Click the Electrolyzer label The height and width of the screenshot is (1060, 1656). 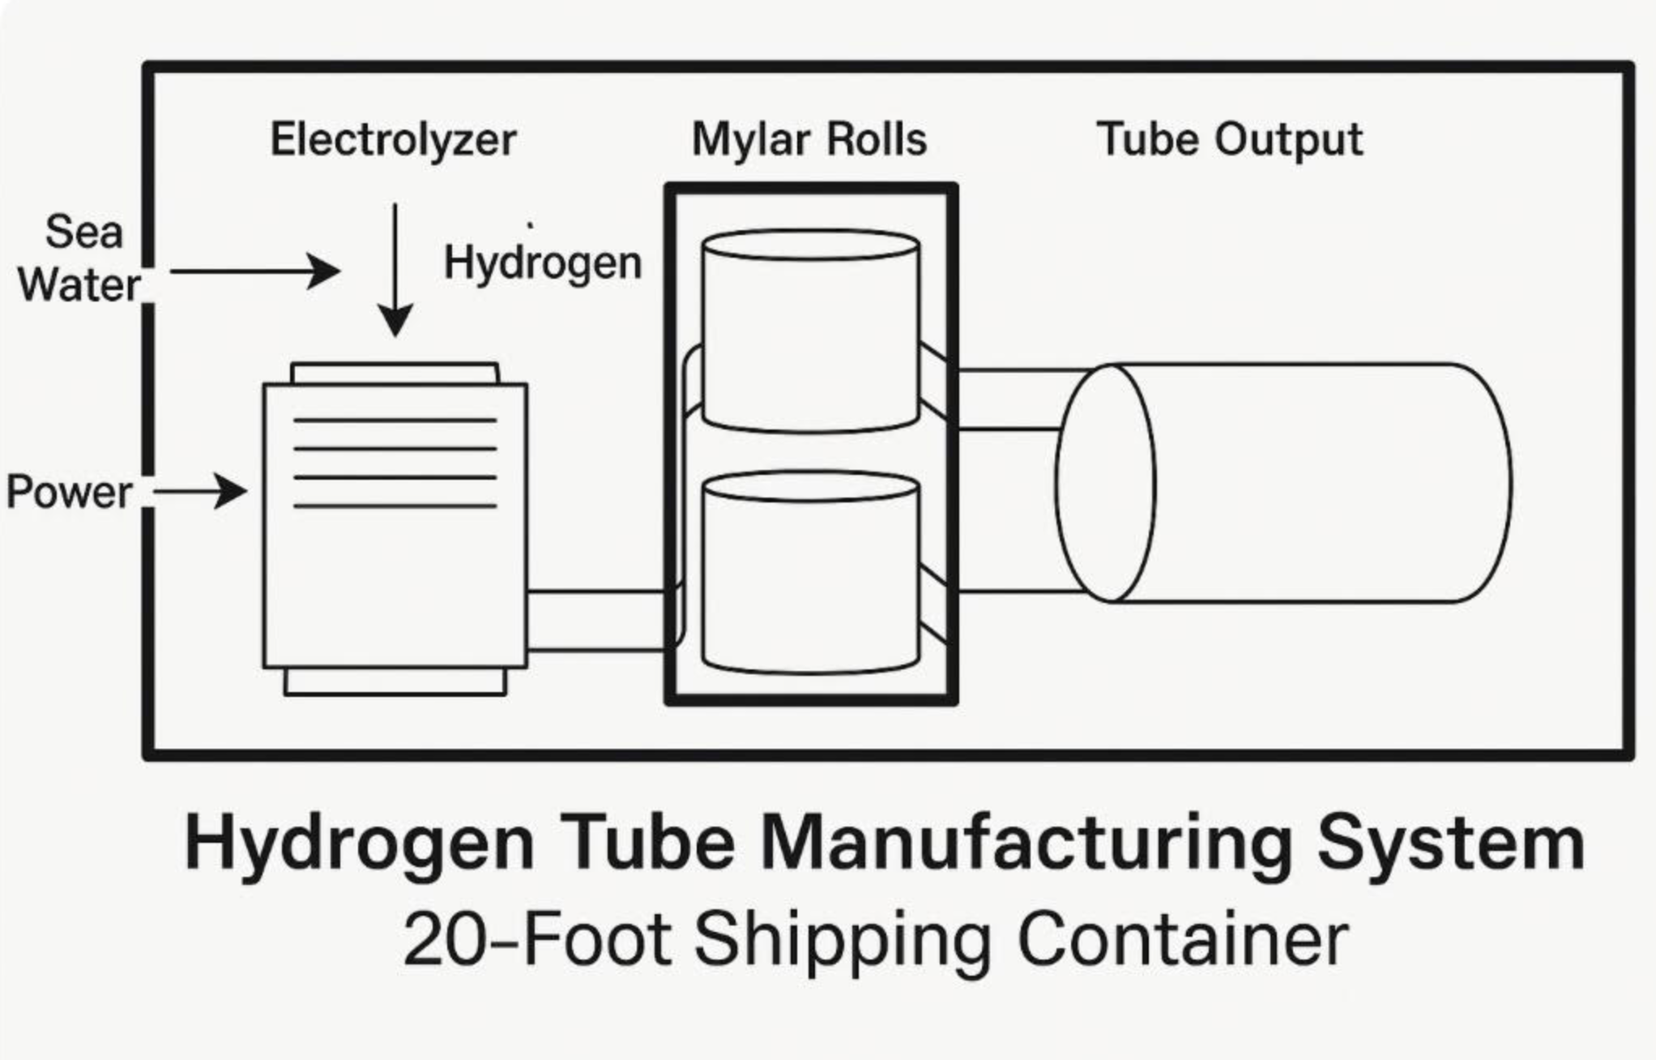[393, 139]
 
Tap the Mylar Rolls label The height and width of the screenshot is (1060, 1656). [809, 139]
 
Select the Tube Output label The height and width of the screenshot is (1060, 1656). [1229, 139]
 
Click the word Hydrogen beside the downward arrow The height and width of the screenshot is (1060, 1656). [543, 263]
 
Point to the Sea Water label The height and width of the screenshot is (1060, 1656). [81, 259]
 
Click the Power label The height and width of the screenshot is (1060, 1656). [69, 492]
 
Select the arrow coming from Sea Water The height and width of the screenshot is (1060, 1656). [254, 271]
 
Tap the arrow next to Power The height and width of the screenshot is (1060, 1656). [199, 491]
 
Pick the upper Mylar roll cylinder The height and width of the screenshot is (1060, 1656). [810, 332]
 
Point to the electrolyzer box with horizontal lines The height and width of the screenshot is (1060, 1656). [395, 527]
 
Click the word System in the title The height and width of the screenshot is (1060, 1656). [1450, 843]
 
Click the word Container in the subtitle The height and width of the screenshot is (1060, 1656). [1182, 940]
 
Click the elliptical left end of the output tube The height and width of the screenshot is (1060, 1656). [1105, 483]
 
